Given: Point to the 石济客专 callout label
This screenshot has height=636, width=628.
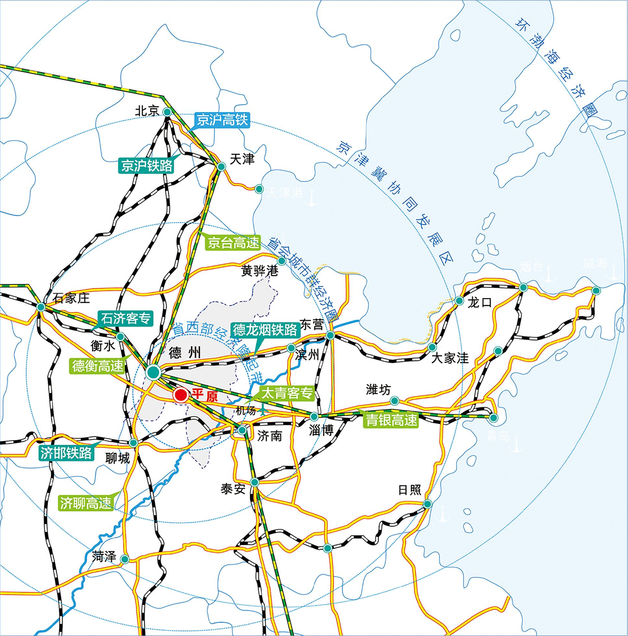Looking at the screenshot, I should [126, 318].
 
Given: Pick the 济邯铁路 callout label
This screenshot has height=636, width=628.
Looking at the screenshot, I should [66, 453].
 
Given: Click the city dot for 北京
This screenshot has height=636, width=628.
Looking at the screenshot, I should [167, 112].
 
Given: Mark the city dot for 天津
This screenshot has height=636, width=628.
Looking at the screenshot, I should [221, 167].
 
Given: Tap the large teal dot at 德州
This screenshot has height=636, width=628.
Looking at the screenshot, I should [153, 372].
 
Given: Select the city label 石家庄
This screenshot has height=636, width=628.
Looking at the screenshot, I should [71, 298].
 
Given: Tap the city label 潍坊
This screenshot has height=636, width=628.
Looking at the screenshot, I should [378, 390].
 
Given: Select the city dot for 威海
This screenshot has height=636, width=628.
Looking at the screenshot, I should [596, 290].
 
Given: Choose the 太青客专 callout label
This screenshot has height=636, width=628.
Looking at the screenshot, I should [287, 394].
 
